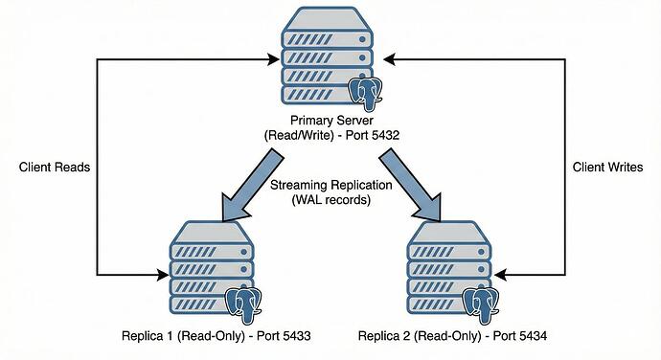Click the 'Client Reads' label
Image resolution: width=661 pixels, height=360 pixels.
click(x=54, y=168)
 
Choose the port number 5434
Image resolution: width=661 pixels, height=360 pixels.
click(x=530, y=336)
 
